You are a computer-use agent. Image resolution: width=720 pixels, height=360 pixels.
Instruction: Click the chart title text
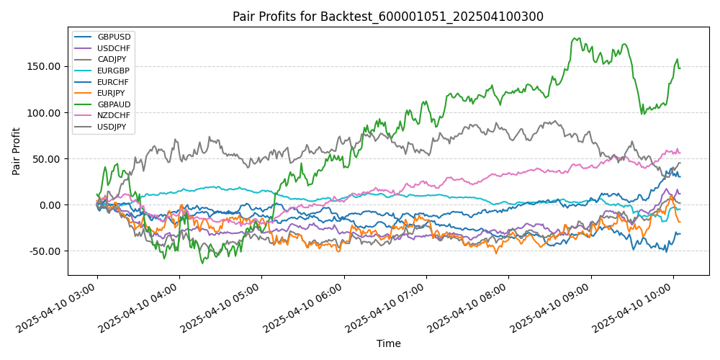pyautogui.click(x=388, y=17)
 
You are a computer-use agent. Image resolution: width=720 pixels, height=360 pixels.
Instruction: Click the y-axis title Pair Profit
pyautogui.click(x=17, y=151)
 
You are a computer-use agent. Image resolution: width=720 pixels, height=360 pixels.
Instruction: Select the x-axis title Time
pyautogui.click(x=388, y=343)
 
